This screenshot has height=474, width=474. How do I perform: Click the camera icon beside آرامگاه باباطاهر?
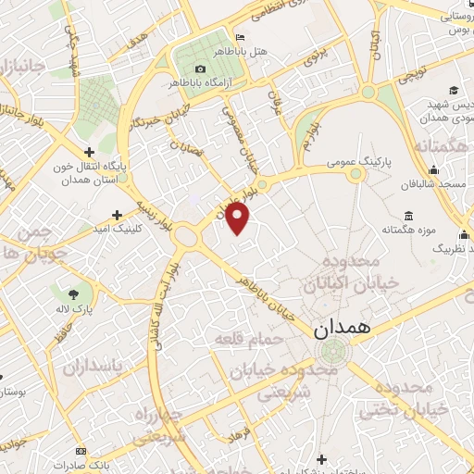[x=201, y=69]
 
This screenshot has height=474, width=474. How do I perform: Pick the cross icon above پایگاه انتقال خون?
[x=88, y=152]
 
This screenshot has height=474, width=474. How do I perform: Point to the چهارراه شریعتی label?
[x=161, y=423]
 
